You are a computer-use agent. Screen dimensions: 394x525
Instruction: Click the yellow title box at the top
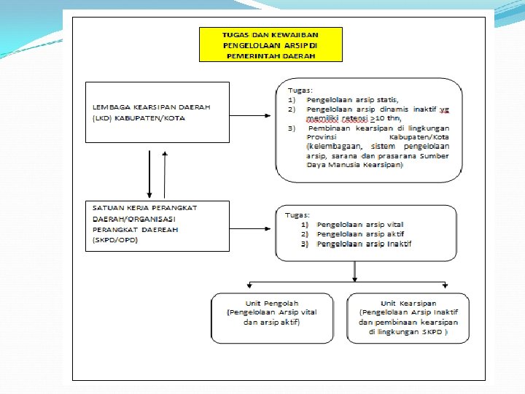[271, 45]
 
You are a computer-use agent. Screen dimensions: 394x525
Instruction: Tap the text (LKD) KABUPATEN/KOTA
[139, 117]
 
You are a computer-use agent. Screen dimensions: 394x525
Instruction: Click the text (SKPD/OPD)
[115, 240]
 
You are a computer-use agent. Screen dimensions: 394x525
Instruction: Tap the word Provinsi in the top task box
[322, 136]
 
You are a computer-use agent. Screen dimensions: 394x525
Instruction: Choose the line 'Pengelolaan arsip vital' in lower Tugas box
[360, 225]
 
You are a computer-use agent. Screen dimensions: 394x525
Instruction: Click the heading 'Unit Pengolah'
[271, 303]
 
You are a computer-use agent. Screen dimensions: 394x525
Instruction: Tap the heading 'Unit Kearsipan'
[408, 303]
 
